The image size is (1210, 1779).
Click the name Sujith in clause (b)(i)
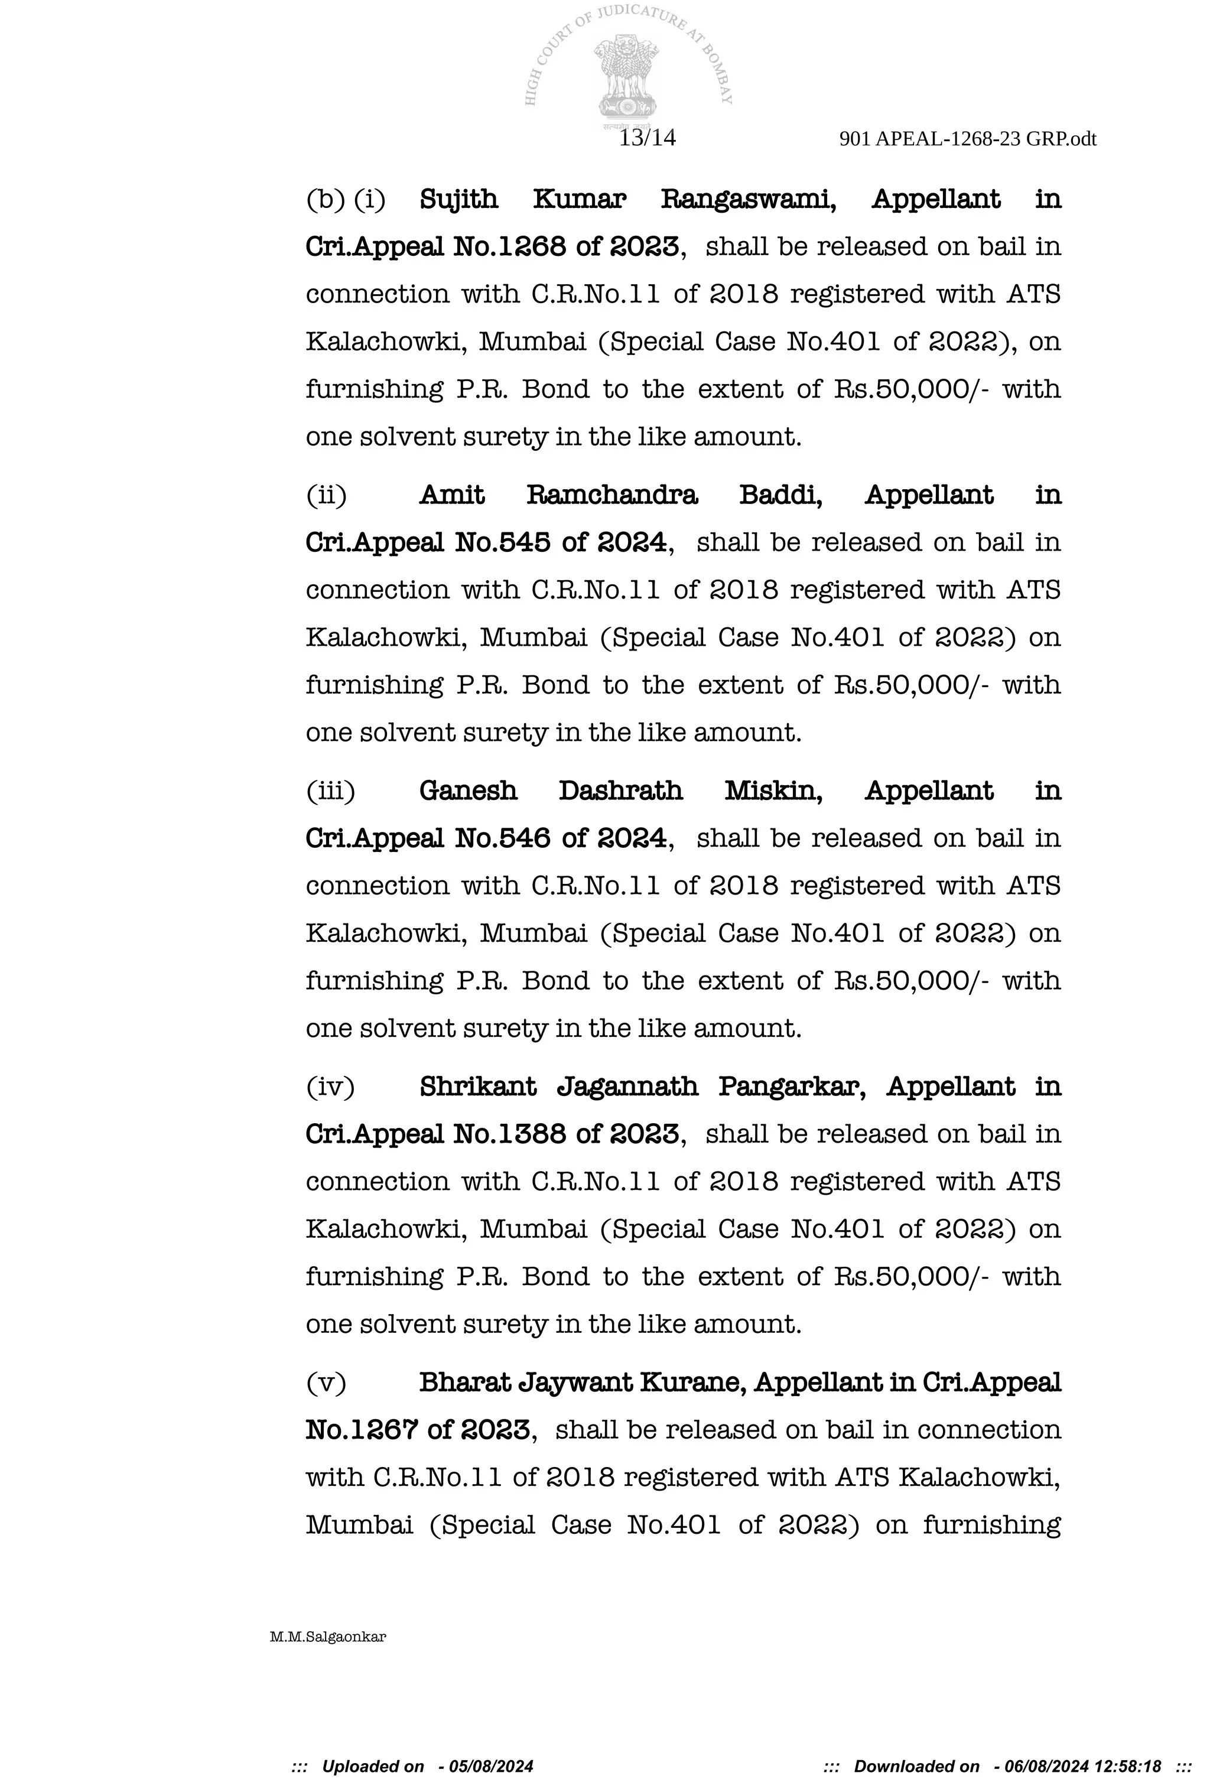coord(458,199)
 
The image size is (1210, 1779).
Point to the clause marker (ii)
coord(326,495)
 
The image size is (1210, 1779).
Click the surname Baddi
coord(780,495)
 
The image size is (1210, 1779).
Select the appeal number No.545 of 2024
coord(560,543)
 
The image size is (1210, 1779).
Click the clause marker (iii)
coord(331,791)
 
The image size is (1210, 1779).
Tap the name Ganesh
coord(467,791)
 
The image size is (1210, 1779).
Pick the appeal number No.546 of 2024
coord(560,838)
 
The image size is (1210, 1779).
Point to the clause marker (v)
coord(326,1383)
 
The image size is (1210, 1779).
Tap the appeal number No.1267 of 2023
coord(418,1430)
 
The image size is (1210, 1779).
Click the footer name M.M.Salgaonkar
coord(327,1637)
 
